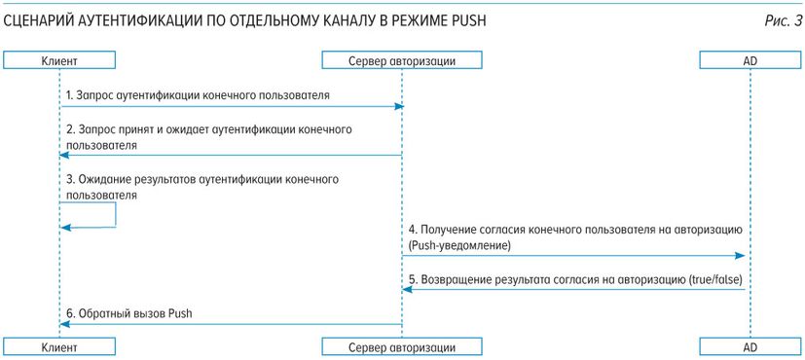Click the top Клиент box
59,61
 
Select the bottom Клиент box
59,346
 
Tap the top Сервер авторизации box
402,61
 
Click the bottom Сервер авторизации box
402,346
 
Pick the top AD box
750,61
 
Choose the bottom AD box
750,346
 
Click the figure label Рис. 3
782,22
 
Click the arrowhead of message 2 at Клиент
63,155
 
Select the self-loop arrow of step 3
115,215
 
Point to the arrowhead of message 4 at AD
745,255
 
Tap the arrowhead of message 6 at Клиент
63,325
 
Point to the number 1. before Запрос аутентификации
70,95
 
